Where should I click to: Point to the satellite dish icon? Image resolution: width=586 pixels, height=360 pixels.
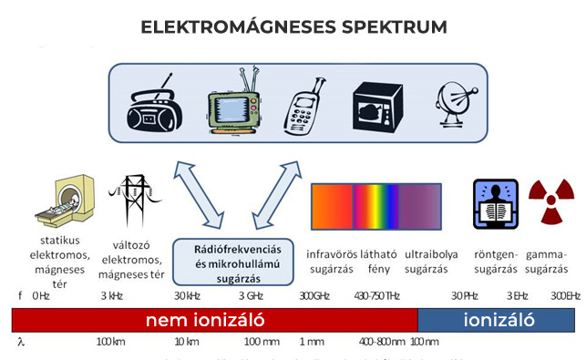[452, 105]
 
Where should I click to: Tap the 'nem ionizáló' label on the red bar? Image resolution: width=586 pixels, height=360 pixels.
[205, 321]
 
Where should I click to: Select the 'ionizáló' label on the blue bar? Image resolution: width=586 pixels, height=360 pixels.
[497, 321]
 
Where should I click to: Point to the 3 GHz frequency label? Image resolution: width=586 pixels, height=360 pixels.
[252, 296]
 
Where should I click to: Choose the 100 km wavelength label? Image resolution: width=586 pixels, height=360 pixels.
[109, 342]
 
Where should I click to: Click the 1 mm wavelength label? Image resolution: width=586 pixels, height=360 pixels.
[311, 342]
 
